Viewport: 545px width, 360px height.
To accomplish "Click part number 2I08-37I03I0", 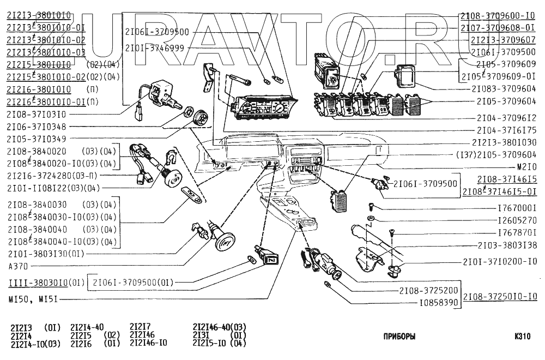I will (37, 115).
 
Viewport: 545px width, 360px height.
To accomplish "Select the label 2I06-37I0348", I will (37, 127).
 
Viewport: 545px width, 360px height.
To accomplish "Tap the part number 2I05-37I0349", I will (37, 139).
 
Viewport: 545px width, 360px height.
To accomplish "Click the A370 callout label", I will (18, 266).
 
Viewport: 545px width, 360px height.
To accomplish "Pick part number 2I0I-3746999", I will (157, 48).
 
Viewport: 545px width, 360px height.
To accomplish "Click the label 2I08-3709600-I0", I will (498, 16).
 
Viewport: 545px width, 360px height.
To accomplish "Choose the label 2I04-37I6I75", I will (507, 130).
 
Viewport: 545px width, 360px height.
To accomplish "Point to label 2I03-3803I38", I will (507, 245).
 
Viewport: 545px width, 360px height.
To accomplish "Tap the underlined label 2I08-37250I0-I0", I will (500, 297).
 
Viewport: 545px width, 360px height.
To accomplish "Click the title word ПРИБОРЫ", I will (399, 337).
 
